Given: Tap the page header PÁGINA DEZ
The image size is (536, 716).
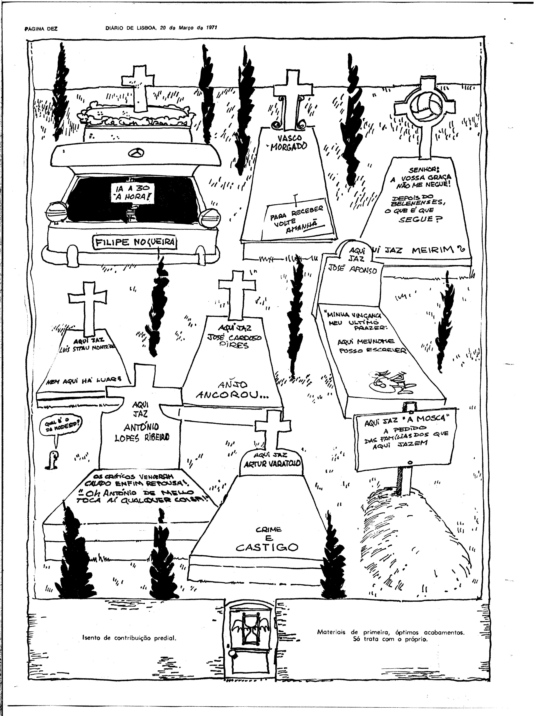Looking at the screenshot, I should tap(41, 28).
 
